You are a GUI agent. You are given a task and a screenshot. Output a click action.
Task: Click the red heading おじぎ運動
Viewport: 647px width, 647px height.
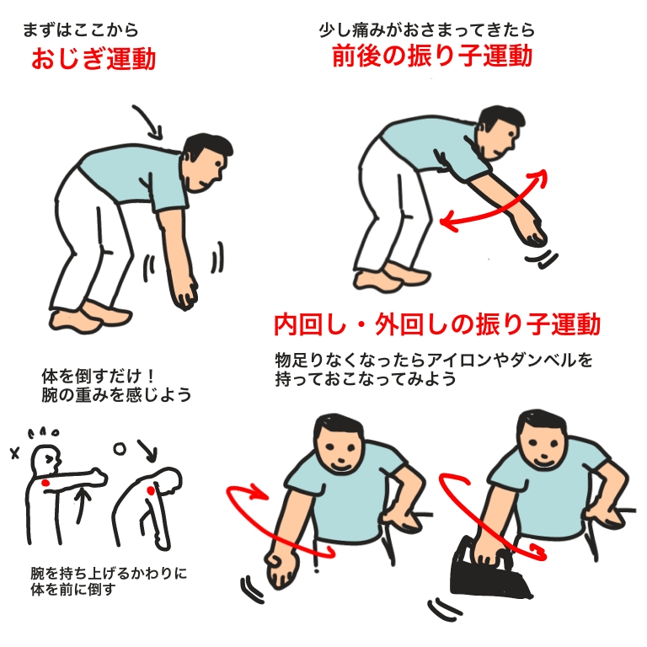coord(94,58)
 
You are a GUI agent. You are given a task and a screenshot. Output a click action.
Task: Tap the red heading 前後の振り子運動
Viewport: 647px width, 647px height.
coord(432,56)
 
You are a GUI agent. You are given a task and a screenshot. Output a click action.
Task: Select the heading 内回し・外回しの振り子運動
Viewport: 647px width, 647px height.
coord(437,324)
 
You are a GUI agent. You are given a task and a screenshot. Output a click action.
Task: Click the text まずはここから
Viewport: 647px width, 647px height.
coord(81,30)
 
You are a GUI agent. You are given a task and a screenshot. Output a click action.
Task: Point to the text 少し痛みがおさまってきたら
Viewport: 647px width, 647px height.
coord(426,29)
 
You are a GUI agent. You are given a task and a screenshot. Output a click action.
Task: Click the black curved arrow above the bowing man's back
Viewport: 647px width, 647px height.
coord(149,121)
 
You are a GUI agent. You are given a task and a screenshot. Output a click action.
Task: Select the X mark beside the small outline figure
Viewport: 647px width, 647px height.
coord(15,454)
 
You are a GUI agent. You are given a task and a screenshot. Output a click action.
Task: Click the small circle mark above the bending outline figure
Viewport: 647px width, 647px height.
coord(120,448)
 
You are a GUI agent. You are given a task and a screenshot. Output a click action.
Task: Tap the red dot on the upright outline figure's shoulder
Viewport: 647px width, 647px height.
coord(45,483)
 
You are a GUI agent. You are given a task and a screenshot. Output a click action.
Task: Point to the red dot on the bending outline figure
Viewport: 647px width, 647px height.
coord(151,490)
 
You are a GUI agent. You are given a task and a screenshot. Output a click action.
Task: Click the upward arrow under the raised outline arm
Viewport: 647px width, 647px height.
coord(83,505)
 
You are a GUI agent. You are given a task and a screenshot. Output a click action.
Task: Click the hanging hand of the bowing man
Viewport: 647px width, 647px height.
coord(185,293)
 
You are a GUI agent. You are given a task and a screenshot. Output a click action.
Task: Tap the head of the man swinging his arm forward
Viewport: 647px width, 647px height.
coord(500,132)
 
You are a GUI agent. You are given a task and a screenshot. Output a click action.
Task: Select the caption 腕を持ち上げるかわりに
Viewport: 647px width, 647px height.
coord(109,573)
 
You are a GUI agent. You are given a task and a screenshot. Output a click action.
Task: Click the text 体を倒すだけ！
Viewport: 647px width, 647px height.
coord(99,376)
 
